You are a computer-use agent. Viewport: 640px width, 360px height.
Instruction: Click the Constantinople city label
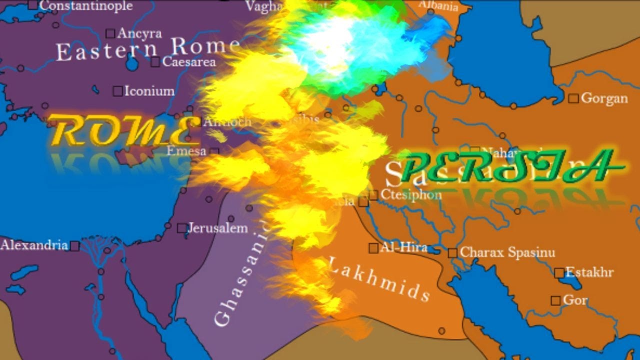(86, 6)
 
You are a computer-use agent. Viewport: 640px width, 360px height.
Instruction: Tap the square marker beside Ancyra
(110, 33)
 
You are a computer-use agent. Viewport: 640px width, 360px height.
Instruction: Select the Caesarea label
(189, 62)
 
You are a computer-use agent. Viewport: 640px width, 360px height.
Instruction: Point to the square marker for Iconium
(117, 91)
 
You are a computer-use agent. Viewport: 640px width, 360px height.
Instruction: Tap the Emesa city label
(186, 150)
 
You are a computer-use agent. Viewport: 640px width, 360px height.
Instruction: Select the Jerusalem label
(217, 228)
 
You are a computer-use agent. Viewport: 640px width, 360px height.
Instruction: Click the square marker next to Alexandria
(74, 246)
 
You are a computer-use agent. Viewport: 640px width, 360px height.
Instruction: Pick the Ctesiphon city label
(411, 194)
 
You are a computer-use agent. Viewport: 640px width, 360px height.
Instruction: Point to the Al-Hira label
(403, 247)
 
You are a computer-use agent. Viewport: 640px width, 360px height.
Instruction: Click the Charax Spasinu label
(507, 252)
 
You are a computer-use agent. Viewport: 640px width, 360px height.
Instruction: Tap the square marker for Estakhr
(559, 273)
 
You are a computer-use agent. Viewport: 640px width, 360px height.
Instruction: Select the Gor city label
(575, 300)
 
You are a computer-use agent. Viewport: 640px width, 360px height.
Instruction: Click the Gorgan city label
(604, 98)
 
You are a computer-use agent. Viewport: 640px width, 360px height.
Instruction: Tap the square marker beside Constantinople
(33, 5)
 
